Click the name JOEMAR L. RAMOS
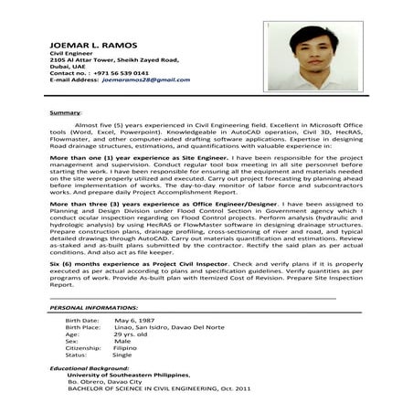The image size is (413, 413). [x=87, y=44]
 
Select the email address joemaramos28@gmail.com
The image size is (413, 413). [x=139, y=80]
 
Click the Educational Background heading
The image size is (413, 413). [x=90, y=367]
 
